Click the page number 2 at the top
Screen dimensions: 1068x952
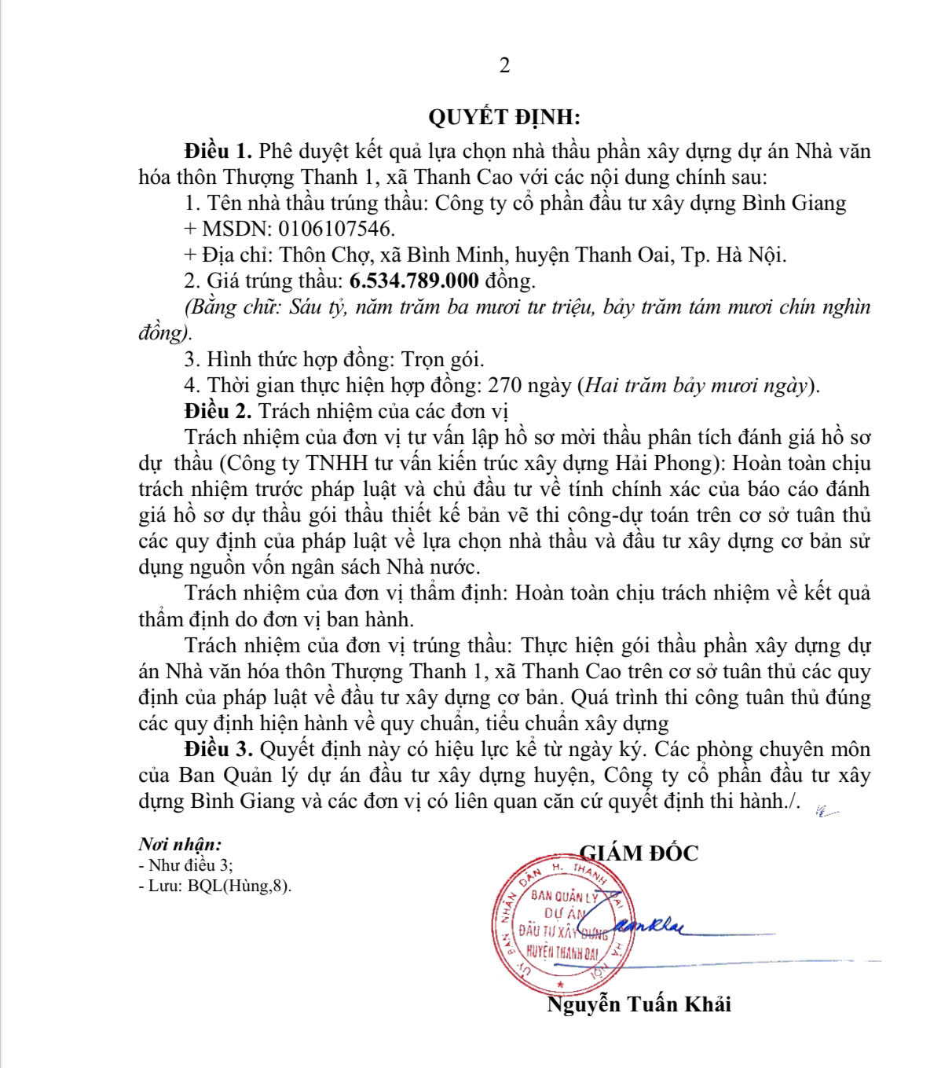pos(504,65)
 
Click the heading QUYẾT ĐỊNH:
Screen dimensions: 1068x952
pos(504,118)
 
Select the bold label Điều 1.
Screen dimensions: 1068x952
pos(218,151)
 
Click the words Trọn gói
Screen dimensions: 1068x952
pos(443,359)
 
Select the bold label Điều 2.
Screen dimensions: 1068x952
pos(218,410)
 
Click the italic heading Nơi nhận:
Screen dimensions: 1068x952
pos(180,845)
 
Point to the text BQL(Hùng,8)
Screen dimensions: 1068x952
pos(244,886)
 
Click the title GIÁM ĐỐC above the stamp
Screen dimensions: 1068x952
pos(639,853)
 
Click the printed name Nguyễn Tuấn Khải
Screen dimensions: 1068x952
pos(639,1004)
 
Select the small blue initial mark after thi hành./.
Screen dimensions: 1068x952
pos(826,810)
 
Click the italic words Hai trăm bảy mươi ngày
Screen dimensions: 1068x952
pos(698,385)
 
